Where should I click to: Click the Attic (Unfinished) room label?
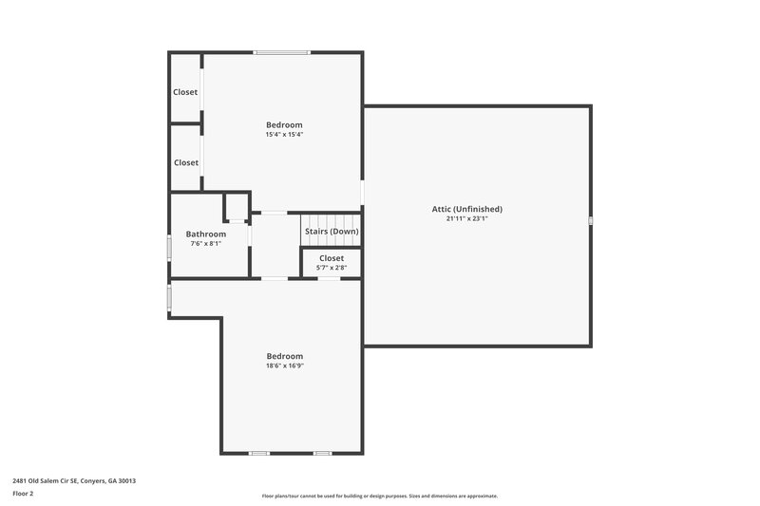coord(465,209)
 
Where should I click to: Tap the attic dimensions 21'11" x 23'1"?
coord(465,218)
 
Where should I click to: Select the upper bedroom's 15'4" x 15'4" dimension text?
coord(284,135)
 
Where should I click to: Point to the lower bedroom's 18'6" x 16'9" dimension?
coord(284,365)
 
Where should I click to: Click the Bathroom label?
coord(205,234)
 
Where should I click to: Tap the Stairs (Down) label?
coord(332,232)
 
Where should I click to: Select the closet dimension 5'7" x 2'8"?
coord(332,268)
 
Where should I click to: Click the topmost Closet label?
coord(185,92)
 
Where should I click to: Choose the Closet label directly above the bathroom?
coord(186,162)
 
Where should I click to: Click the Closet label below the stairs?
coord(332,258)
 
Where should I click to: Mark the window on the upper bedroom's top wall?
coord(281,52)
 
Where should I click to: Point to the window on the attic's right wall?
coord(590,220)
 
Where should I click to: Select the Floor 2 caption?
coord(23,494)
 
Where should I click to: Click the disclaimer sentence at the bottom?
coord(379,496)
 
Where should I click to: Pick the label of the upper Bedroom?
coord(284,125)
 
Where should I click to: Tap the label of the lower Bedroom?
coord(284,356)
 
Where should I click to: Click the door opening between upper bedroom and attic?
coord(362,192)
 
